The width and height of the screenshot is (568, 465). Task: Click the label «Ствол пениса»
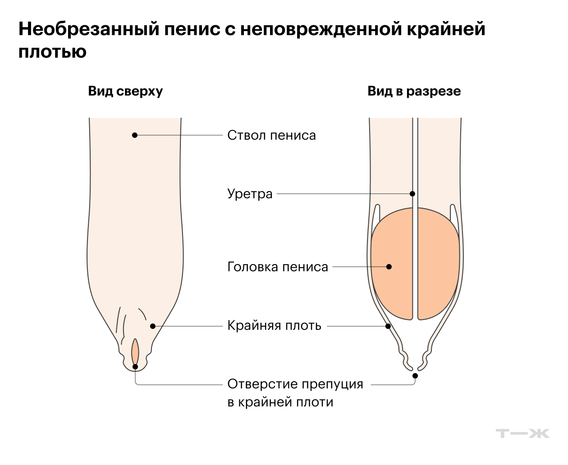coord(271,135)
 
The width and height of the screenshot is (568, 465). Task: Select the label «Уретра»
coord(250,194)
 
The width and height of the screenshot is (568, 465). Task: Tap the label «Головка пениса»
coord(278,267)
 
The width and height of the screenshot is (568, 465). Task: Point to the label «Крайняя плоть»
coord(274,326)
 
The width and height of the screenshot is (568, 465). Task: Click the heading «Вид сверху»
coord(125,91)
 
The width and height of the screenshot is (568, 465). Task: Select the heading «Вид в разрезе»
coord(414,91)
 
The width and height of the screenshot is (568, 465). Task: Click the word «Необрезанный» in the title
coord(88,29)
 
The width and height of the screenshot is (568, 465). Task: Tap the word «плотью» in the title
coord(52,52)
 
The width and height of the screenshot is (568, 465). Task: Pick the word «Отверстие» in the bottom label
coord(261,384)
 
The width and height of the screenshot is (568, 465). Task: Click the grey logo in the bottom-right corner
coord(522,433)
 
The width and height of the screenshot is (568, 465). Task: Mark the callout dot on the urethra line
coord(412,194)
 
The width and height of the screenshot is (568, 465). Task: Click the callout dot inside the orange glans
coord(389,267)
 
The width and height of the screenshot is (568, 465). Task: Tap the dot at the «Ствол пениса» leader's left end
coord(134,135)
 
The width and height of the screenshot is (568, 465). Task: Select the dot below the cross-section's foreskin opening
coord(415,376)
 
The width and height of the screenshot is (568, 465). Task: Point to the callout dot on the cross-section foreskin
coord(388,326)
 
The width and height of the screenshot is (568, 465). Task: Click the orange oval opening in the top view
coord(135,351)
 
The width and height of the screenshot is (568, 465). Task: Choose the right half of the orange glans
coord(438,264)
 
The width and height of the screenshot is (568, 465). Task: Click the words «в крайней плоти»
coord(280,402)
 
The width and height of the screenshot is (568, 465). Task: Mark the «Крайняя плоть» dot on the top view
coord(153,326)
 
